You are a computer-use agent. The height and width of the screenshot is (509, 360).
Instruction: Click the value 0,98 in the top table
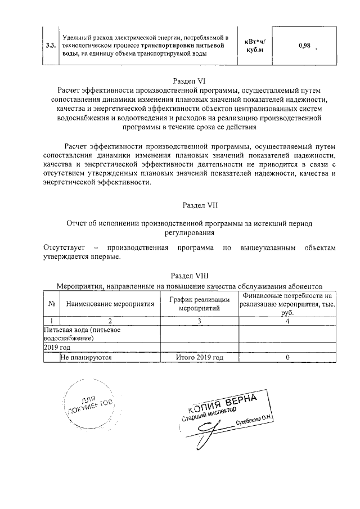[x=304, y=46]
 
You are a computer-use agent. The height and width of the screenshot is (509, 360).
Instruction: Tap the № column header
[x=52, y=304]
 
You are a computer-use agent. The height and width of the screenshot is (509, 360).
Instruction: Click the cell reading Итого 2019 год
[x=200, y=357]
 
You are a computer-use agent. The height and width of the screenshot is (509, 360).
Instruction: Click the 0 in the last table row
[x=287, y=357]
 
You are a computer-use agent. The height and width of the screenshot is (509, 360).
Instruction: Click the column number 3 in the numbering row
[x=200, y=321]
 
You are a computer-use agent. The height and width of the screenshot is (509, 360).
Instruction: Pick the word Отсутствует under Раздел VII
[x=64, y=247]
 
